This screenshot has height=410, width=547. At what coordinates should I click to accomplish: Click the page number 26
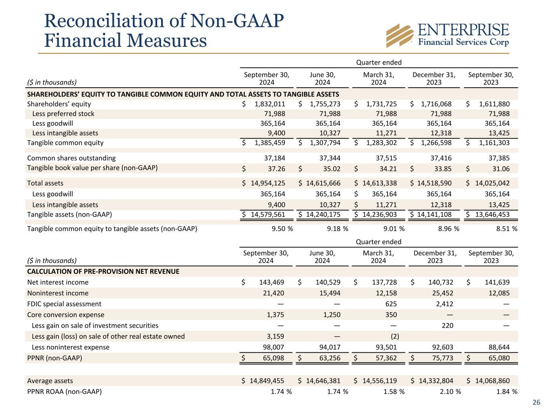(536, 402)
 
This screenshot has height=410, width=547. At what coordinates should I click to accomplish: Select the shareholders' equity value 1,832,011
(270, 104)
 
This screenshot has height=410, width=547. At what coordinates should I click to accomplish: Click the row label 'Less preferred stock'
(63, 114)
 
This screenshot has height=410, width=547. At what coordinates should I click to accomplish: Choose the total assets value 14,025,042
(492, 183)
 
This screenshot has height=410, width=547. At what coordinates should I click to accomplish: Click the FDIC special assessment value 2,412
(444, 304)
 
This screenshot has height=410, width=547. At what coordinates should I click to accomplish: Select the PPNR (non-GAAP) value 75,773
(441, 358)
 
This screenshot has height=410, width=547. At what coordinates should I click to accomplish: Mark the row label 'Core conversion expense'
(65, 315)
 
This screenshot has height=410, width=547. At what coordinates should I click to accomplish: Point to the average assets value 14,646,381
(323, 381)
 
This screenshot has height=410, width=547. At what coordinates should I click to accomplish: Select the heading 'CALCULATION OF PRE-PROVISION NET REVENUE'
(103, 271)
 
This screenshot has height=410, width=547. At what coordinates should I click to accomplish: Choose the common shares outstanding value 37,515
(384, 158)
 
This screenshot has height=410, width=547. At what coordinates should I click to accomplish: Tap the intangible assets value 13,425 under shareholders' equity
(498, 133)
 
